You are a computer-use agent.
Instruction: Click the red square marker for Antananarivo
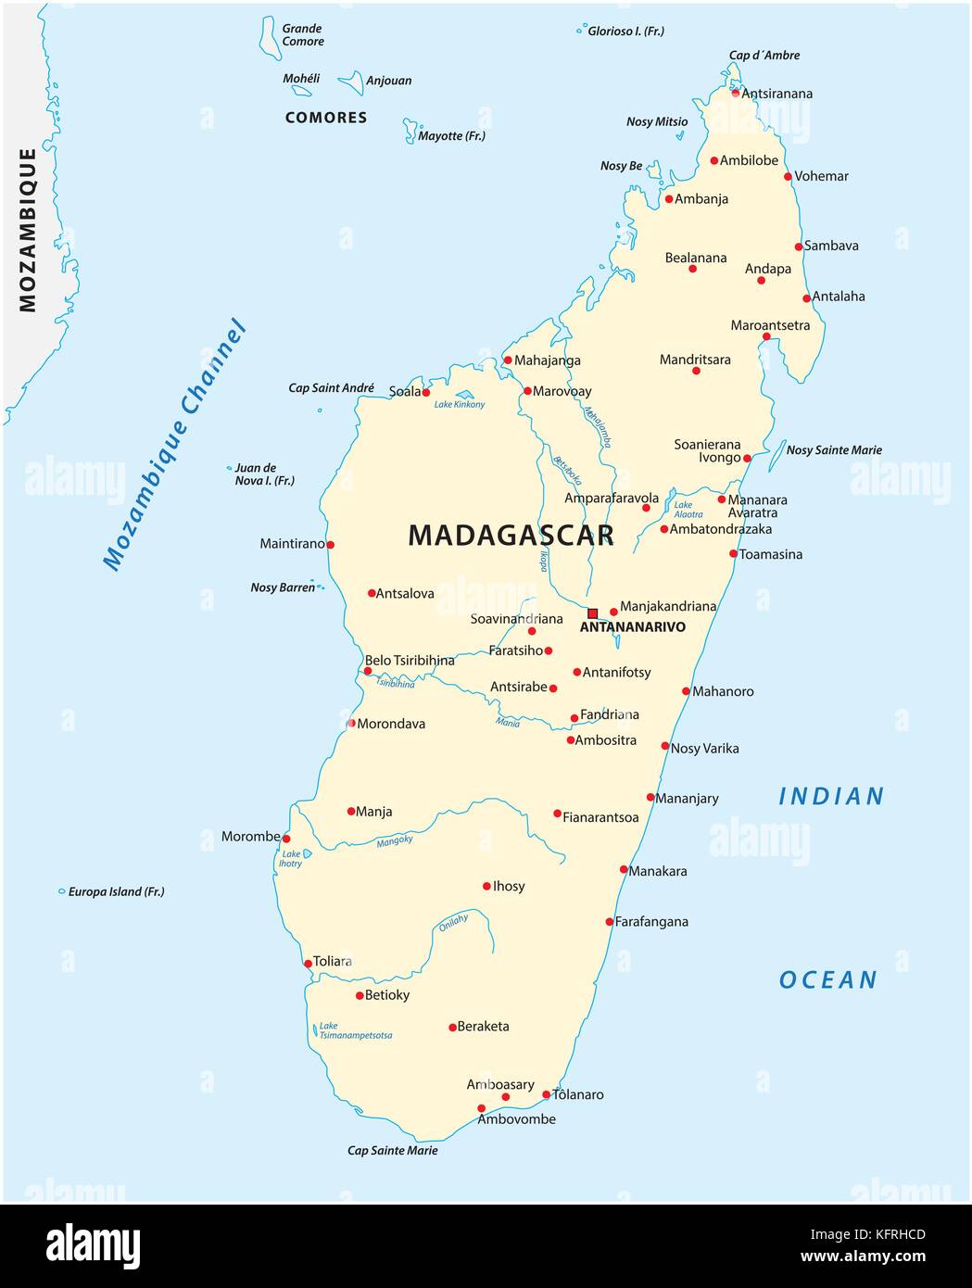593,613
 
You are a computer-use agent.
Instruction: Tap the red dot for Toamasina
733,554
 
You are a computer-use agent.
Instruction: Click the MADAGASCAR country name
511,535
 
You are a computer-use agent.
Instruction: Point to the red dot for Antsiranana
736,93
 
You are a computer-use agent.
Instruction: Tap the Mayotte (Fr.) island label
451,136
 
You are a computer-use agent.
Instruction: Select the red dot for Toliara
308,964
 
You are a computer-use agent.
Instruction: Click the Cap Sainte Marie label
392,1151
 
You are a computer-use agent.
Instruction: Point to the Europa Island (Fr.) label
116,892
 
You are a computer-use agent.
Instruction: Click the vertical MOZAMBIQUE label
28,230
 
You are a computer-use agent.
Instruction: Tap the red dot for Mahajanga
508,360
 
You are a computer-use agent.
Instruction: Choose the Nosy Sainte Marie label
834,450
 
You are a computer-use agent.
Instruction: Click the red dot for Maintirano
330,545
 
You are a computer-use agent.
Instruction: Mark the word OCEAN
827,980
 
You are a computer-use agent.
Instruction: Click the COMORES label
326,118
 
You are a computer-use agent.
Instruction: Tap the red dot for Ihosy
486,887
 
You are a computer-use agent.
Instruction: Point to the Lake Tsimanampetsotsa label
355,1030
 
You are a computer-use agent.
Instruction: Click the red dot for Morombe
286,839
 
